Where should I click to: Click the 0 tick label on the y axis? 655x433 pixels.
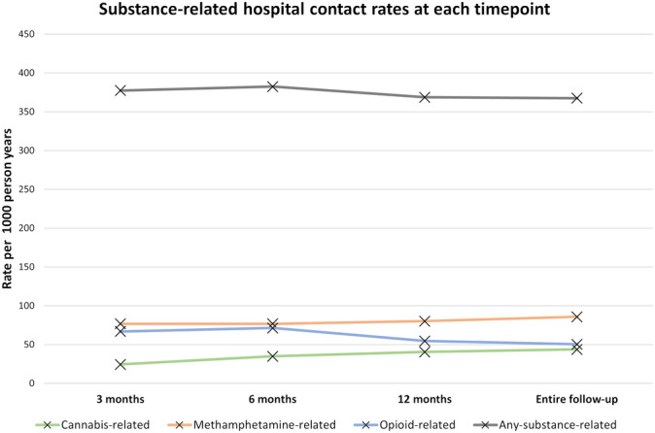point(43,383)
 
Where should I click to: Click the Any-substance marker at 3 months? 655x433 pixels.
point(121,90)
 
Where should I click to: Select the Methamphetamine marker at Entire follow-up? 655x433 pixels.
point(576,316)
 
